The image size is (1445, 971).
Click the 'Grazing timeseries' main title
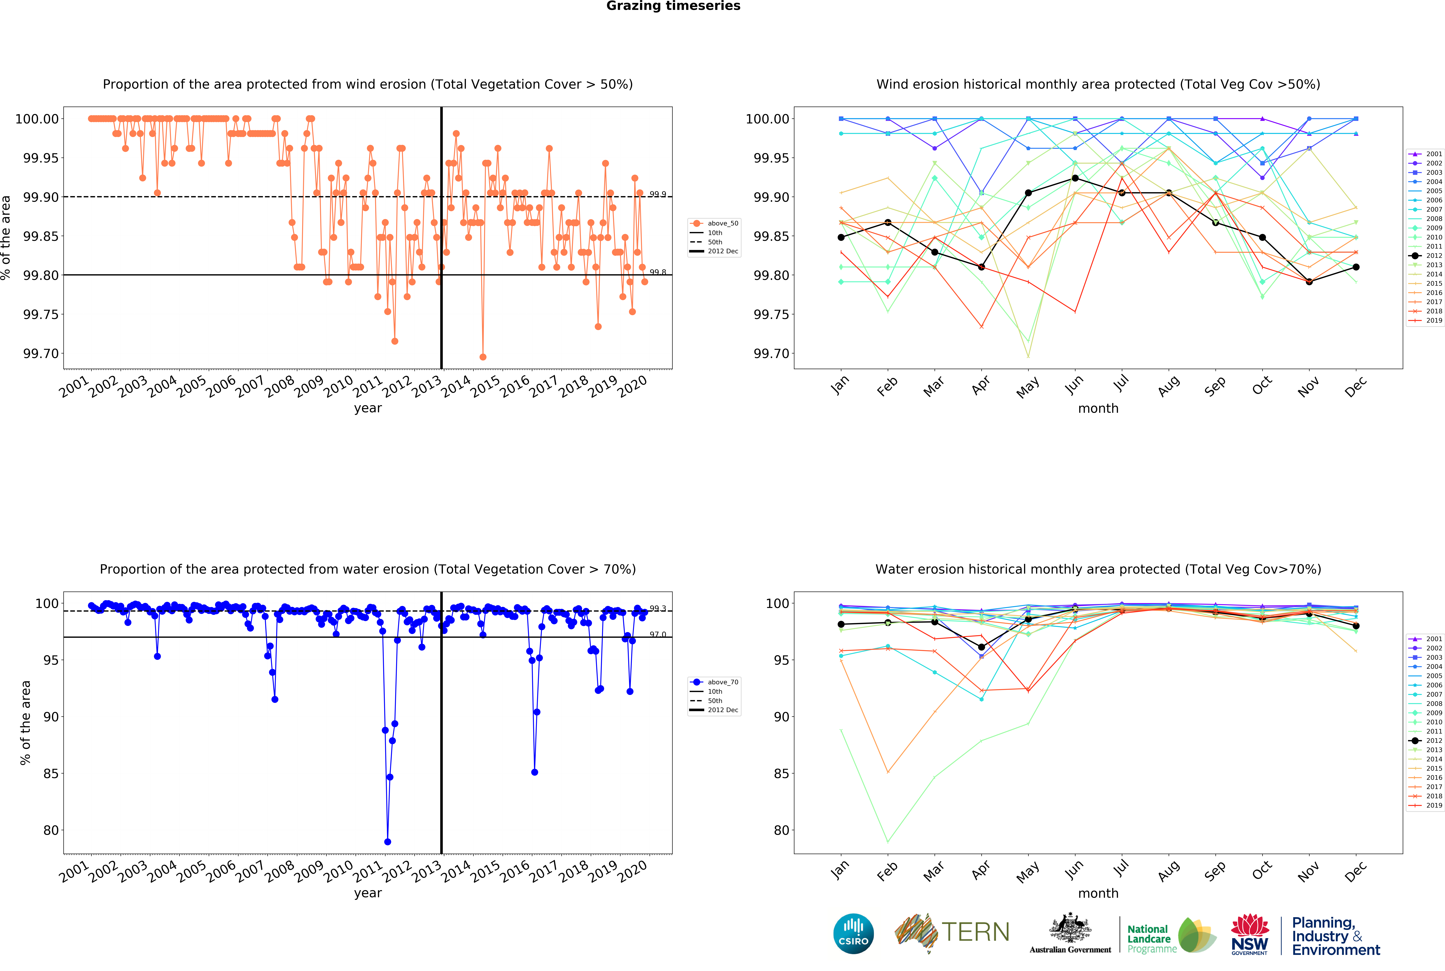(673, 6)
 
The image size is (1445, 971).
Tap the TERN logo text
(975, 932)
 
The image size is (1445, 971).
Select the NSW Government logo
(1249, 934)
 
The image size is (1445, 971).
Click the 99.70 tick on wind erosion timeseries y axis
(41, 354)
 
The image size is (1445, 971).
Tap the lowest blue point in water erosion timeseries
(388, 842)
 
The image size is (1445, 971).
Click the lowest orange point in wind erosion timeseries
(483, 357)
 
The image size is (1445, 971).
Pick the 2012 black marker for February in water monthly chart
(888, 622)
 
